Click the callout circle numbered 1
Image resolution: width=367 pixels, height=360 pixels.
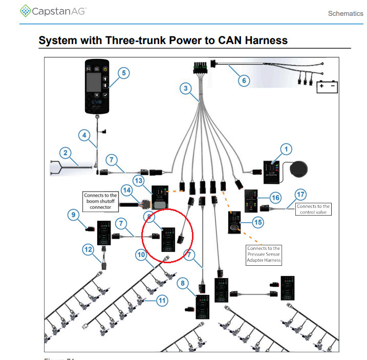pyautogui.click(x=286, y=150)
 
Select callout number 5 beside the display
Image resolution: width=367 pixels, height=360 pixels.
pyautogui.click(x=123, y=73)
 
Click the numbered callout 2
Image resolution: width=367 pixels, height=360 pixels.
pyautogui.click(x=65, y=152)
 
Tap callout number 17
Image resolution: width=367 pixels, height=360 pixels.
pyautogui.click(x=300, y=195)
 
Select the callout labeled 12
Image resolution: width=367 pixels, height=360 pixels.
pyautogui.click(x=89, y=249)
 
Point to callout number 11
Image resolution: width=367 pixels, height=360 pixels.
pyautogui.click(x=162, y=301)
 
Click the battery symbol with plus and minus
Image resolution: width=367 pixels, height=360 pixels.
pyautogui.click(x=327, y=86)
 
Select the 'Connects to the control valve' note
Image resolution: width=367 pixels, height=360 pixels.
pyautogui.click(x=313, y=209)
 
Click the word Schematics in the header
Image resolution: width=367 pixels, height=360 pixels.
pyautogui.click(x=345, y=13)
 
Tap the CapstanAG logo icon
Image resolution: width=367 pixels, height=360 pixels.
pyautogui.click(x=25, y=11)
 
